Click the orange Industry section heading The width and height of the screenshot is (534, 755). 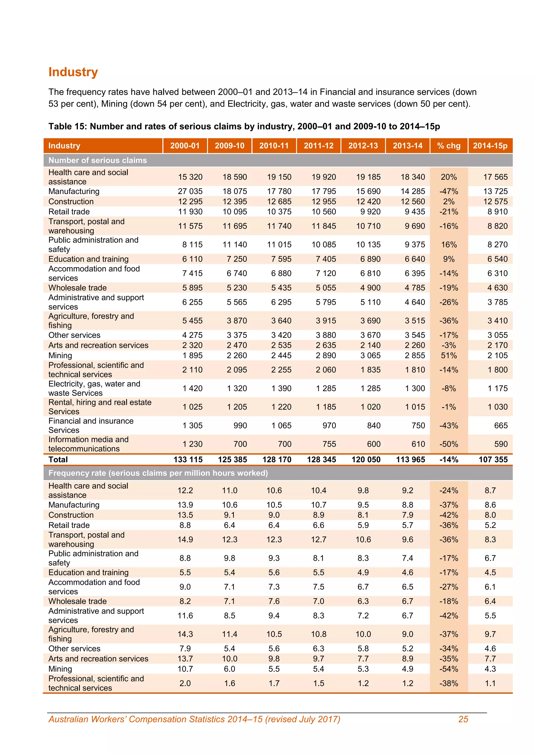tap(73, 72)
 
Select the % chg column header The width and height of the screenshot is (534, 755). tap(448, 146)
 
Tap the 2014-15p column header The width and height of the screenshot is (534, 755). tap(490, 146)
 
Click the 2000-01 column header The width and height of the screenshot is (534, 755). tap(185, 146)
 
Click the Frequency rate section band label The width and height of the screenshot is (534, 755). tap(158, 473)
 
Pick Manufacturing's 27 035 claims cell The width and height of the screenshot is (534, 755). tap(190, 191)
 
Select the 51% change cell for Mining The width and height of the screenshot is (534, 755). tap(448, 355)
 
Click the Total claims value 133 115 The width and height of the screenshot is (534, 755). tap(188, 460)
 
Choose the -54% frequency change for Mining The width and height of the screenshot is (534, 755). tap(448, 669)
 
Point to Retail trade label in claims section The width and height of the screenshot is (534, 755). tap(69, 212)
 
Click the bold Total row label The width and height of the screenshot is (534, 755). tap(58, 460)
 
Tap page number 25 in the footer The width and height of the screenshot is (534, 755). tap(463, 720)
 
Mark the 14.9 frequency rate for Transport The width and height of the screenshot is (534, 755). tap(185, 540)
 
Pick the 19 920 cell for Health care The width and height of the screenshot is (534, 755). tap(324, 177)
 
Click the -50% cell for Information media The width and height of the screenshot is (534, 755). tap(448, 444)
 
